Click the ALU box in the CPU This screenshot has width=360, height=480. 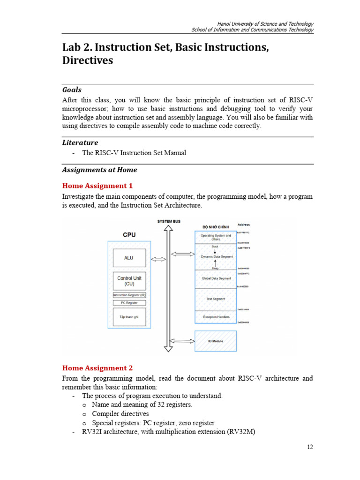(129, 258)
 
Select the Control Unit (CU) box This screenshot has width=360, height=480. (129, 281)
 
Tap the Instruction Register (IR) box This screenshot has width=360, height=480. (129, 295)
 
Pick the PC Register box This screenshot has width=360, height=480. (129, 303)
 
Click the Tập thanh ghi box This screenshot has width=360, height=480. (129, 317)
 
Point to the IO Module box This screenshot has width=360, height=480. (215, 341)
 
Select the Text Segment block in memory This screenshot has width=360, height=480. (216, 299)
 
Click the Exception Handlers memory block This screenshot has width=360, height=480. (216, 317)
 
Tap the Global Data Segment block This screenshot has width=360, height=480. (216, 278)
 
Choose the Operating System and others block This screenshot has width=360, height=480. (216, 237)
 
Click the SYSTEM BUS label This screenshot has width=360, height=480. (169, 221)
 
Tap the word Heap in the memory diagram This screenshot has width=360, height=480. (215, 268)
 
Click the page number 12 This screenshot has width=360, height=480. (310, 447)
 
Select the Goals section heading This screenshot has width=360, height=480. (72, 90)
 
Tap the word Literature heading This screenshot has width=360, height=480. (80, 142)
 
